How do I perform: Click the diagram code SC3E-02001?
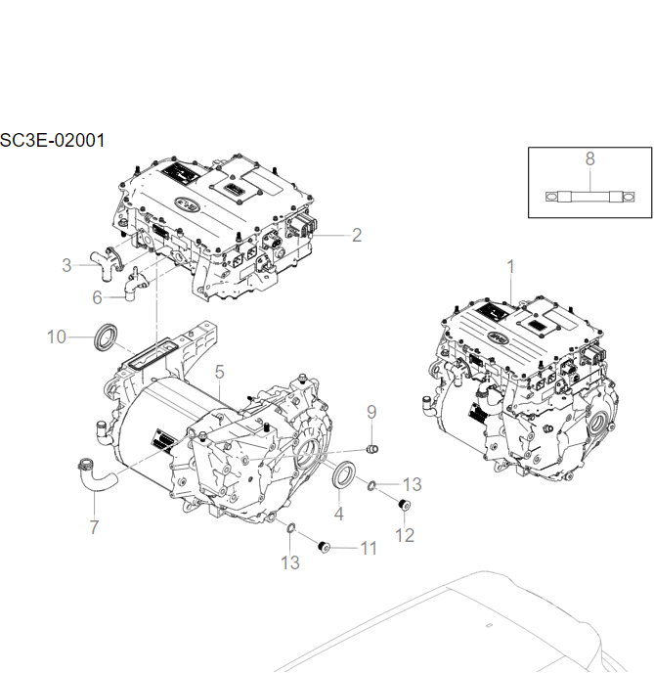[x=53, y=140]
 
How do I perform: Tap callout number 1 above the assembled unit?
[x=509, y=266]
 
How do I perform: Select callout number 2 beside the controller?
[x=357, y=235]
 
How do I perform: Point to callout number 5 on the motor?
[x=220, y=371]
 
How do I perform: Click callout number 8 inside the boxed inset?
[x=589, y=158]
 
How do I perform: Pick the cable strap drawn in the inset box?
[x=589, y=196]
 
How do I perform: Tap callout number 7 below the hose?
[x=94, y=527]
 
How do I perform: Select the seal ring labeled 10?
[x=106, y=335]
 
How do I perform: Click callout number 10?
[x=56, y=336]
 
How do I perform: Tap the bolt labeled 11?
[x=325, y=545]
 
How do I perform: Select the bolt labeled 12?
[x=402, y=505]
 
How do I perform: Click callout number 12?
[x=404, y=535]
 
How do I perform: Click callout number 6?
[x=97, y=296]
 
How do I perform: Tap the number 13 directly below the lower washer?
[x=290, y=561]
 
